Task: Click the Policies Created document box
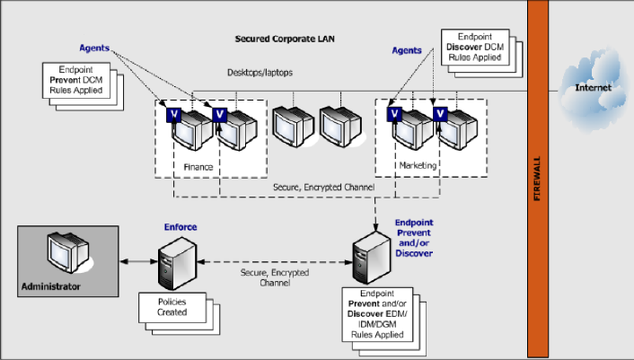click(x=172, y=307)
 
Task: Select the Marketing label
click(x=418, y=165)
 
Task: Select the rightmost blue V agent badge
click(x=440, y=113)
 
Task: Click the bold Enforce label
click(x=180, y=228)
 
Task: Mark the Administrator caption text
click(x=51, y=286)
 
